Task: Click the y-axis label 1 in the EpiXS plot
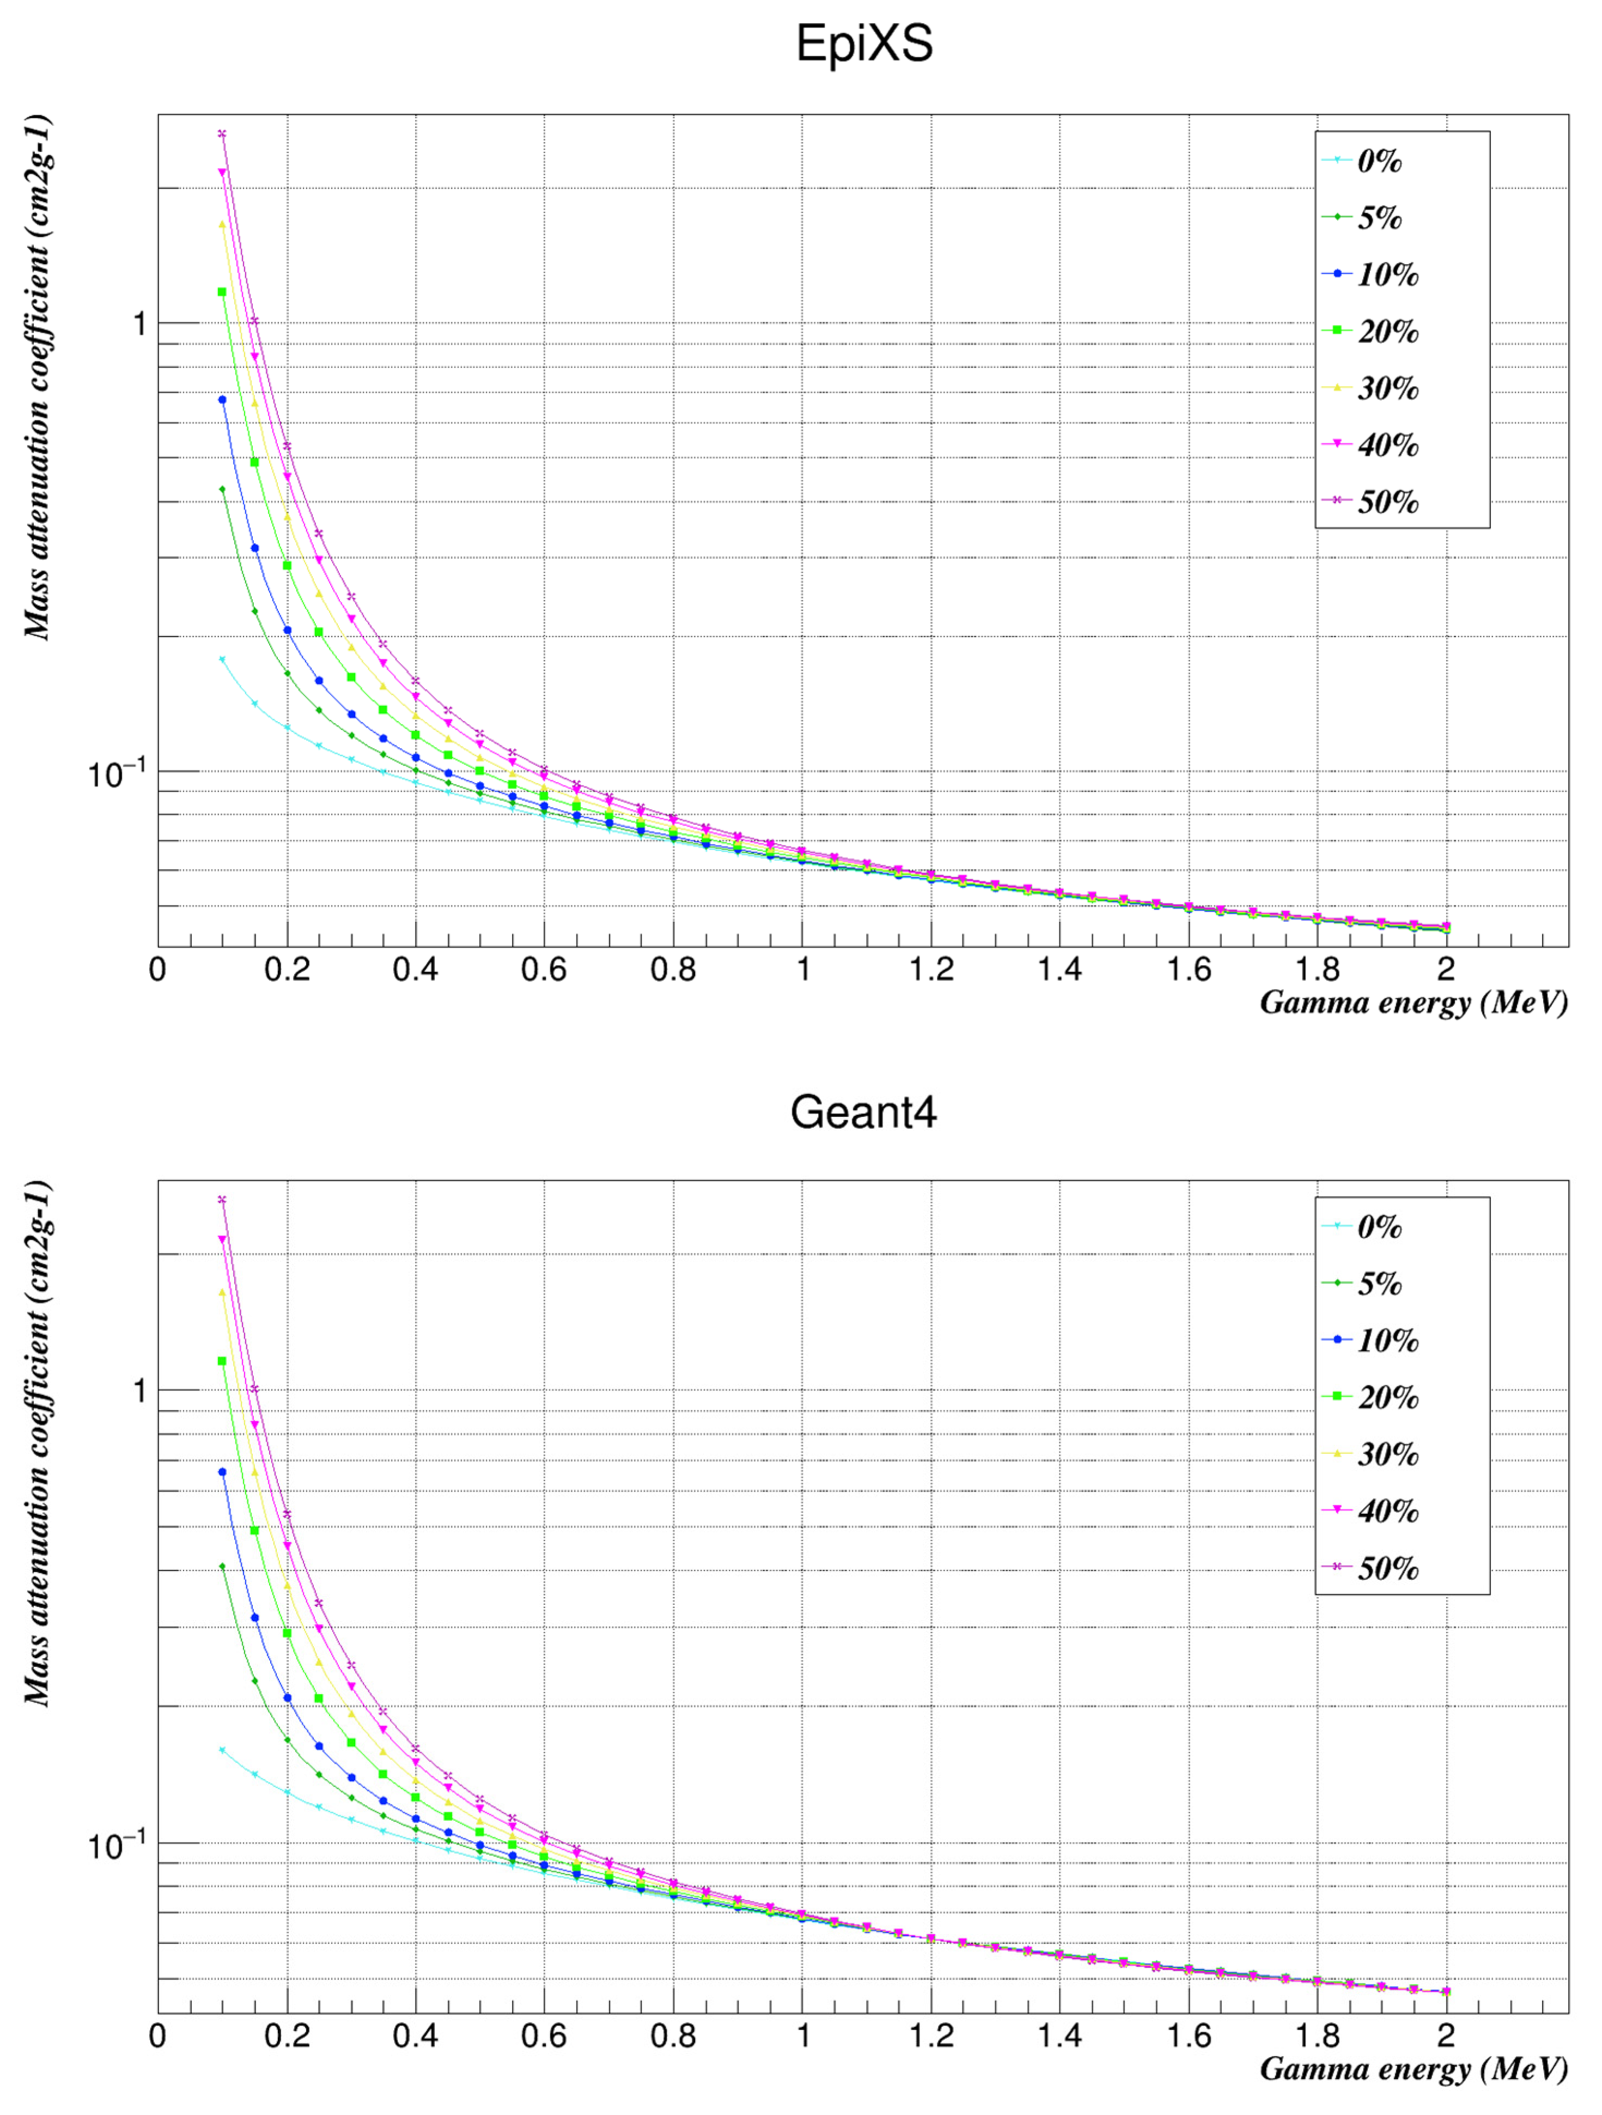139,324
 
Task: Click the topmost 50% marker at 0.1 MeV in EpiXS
222,134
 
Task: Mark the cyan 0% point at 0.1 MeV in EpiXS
222,659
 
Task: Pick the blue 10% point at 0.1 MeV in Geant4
222,1472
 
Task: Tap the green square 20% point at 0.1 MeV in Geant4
222,1361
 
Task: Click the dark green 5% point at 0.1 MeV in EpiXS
222,490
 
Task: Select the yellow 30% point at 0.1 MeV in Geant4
222,1293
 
